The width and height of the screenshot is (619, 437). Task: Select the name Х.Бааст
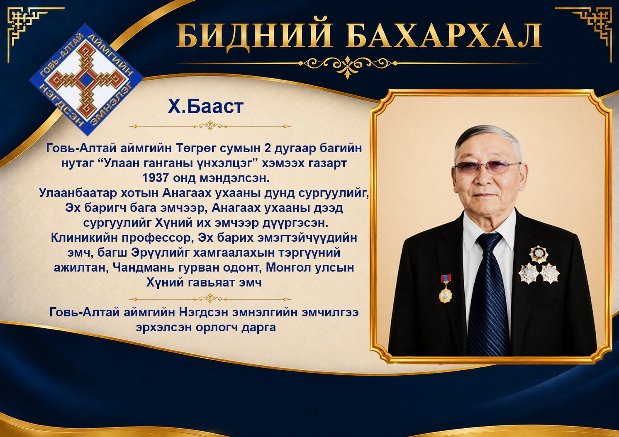205,107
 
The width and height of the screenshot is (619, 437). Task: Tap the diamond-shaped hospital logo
86,80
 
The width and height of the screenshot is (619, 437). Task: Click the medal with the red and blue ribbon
446,289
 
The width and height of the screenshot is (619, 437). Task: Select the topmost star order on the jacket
539,254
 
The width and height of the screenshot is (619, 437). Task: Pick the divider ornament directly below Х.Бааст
210,126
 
